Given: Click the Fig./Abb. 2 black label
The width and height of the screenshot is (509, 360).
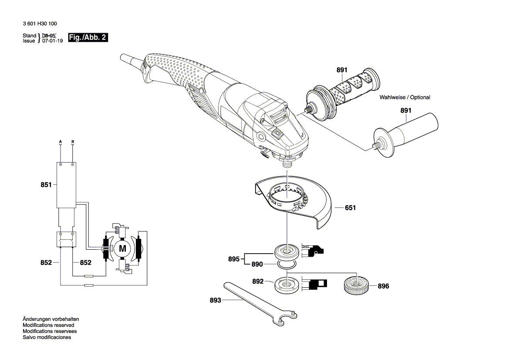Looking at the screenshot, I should click(x=88, y=38).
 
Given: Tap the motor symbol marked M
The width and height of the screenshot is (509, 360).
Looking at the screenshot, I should click(x=122, y=249).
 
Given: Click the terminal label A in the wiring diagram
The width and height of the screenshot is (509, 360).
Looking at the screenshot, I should click(x=61, y=142).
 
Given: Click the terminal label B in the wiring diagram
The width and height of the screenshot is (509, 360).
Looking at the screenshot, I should click(x=73, y=142).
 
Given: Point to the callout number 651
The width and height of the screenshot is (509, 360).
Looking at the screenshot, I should click(x=350, y=208).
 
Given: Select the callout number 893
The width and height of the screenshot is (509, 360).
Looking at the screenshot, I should click(x=216, y=300).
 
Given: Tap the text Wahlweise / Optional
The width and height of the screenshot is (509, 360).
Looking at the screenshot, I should click(x=405, y=97).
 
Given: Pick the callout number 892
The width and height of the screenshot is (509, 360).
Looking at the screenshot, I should click(x=258, y=282).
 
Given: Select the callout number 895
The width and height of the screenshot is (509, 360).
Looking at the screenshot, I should click(x=234, y=259).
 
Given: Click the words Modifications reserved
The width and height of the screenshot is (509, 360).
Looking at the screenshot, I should click(x=48, y=325).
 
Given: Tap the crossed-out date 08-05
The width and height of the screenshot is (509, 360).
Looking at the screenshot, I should click(x=49, y=35).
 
